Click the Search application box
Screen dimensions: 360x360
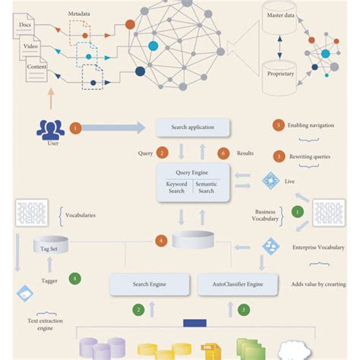click(x=191, y=127)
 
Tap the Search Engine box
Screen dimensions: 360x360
click(x=150, y=284)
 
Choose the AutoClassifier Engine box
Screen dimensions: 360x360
click(x=234, y=284)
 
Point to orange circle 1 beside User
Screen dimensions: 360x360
click(x=75, y=128)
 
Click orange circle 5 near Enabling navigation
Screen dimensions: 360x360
click(x=279, y=125)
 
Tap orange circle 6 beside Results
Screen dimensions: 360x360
click(x=223, y=153)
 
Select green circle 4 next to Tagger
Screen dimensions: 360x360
click(x=74, y=278)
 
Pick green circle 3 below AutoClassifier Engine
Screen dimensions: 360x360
click(x=243, y=310)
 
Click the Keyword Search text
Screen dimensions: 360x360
click(x=176, y=188)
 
